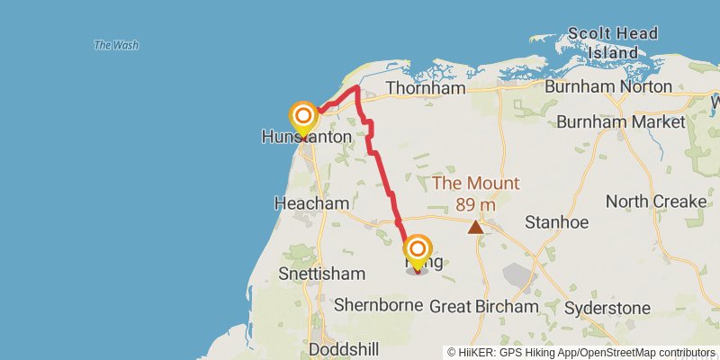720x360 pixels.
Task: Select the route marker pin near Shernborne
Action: [x=418, y=250]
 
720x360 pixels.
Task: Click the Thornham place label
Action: [x=425, y=89]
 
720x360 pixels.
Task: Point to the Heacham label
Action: [x=310, y=204]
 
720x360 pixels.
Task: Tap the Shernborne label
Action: [x=378, y=305]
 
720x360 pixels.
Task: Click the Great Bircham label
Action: [x=484, y=307]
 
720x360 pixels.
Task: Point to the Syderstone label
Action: [x=607, y=308]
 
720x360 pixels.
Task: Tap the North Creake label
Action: [x=656, y=202]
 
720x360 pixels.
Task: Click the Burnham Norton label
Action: [x=610, y=86]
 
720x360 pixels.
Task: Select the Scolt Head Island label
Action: [x=622, y=43]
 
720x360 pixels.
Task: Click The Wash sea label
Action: [x=114, y=45]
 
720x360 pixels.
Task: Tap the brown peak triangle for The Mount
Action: [x=475, y=227]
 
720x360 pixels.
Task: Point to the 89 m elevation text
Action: [x=476, y=204]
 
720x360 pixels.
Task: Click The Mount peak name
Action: [x=476, y=184]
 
